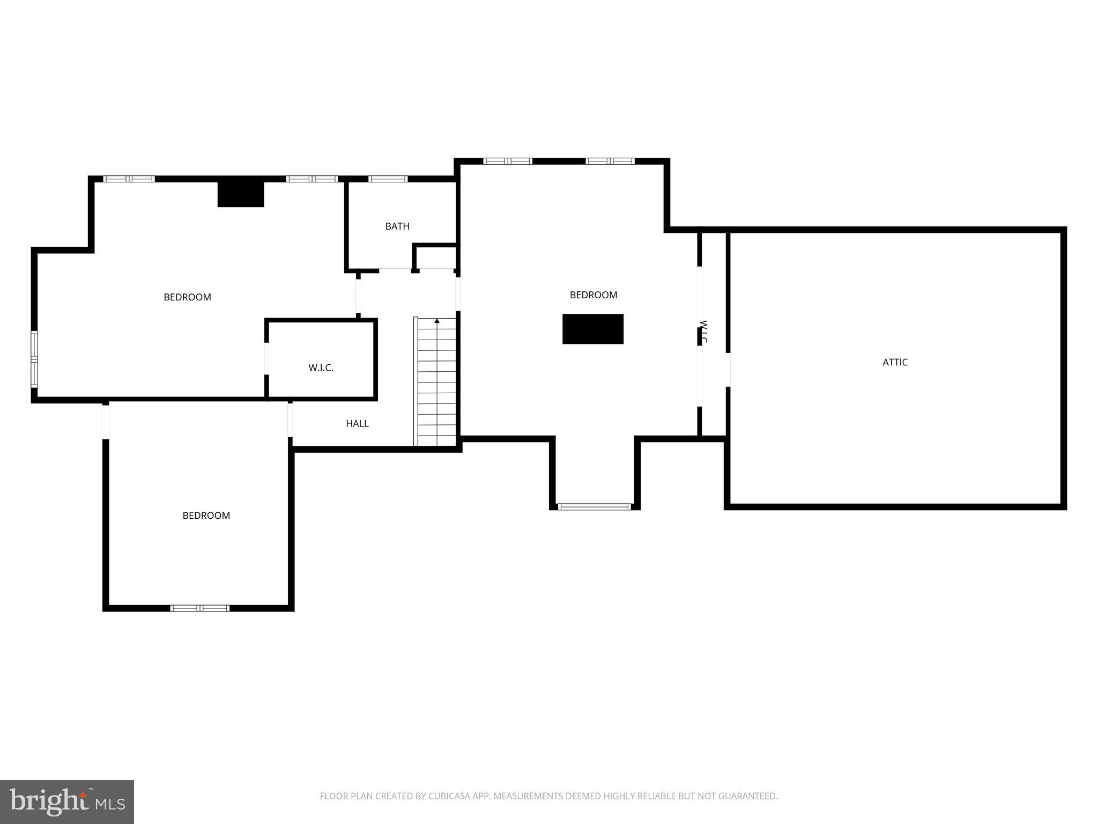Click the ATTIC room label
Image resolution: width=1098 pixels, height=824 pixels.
[895, 362]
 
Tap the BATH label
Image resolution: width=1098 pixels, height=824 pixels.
[397, 226]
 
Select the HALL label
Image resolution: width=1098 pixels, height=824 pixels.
[357, 424]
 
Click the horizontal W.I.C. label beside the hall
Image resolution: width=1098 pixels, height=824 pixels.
[321, 368]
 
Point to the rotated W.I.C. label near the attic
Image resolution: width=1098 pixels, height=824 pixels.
[704, 332]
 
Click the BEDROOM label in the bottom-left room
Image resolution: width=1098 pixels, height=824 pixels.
[206, 516]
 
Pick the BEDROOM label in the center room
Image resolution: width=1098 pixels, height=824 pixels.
[593, 295]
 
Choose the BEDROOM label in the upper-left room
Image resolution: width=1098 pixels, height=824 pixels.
[187, 297]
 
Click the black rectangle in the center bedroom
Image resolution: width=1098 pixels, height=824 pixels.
[592, 329]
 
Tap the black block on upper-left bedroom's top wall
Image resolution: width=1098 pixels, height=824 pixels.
[241, 194]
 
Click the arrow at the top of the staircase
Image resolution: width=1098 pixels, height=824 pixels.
[437, 321]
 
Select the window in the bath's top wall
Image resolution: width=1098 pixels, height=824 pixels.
[388, 179]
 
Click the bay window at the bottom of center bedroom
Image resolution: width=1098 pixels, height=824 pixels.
[594, 506]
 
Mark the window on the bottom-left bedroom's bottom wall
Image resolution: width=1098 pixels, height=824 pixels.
[200, 608]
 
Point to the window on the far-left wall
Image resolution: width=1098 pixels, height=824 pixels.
[34, 359]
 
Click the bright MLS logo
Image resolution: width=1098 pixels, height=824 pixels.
[67, 801]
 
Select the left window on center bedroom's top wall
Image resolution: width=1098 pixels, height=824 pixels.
[507, 161]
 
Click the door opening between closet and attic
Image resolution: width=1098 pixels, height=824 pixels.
[728, 370]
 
